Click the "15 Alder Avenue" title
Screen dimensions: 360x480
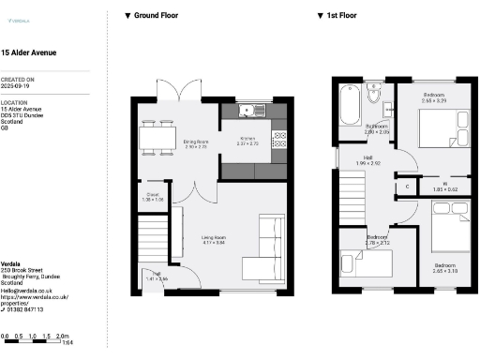pyautogui.click(x=28, y=53)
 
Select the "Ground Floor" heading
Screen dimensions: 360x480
pyautogui.click(x=157, y=16)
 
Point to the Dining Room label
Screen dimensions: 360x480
pyautogui.click(x=196, y=142)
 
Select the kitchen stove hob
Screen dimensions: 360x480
pyautogui.click(x=278, y=140)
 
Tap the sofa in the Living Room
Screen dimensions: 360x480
pyautogui.click(x=270, y=240)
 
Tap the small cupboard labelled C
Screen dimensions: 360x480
pyautogui.click(x=406, y=186)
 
